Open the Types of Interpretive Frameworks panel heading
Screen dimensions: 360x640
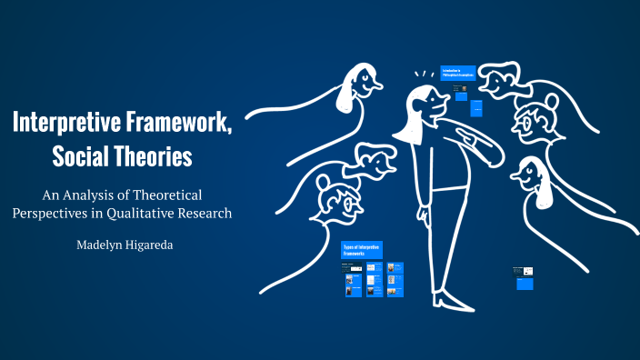[x=362, y=250]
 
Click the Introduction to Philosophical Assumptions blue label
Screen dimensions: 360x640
[x=457, y=72]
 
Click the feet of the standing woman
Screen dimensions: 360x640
[x=451, y=297]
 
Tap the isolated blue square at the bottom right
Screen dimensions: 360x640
[x=525, y=284]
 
